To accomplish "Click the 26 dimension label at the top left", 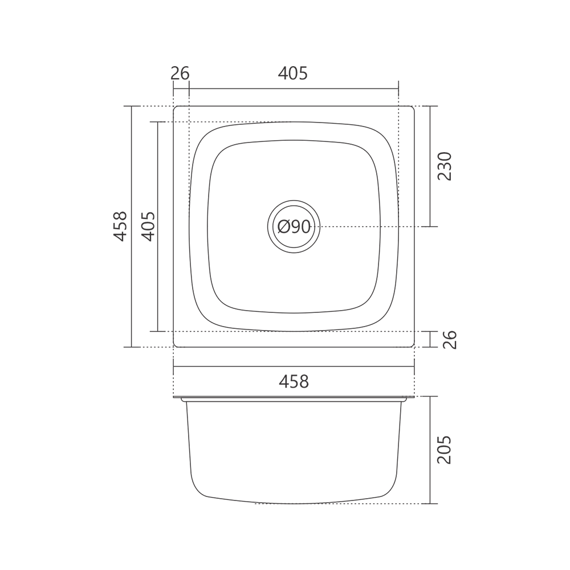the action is [180, 74].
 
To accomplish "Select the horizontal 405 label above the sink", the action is [293, 74].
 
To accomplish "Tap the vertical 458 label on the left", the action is [120, 226].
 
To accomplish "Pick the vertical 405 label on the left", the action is [148, 226].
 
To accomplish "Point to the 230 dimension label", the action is [444, 166].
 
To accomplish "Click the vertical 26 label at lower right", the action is [450, 340].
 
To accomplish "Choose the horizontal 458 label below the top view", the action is [294, 382].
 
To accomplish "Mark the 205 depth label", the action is [444, 450].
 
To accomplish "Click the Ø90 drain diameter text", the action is [294, 227].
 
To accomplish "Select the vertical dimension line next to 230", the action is [430, 166].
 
